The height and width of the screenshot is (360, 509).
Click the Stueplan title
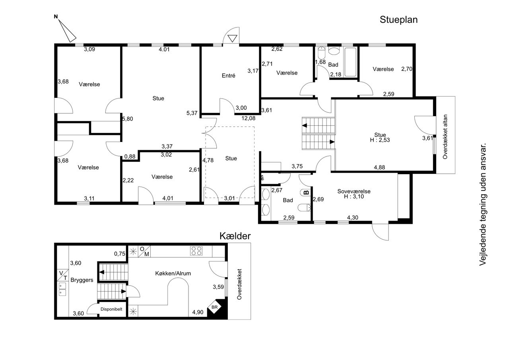tap(398, 20)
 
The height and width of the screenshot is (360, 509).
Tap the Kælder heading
tap(235, 236)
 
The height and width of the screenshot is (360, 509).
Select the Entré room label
tap(228, 76)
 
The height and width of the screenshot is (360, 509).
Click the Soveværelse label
tap(354, 191)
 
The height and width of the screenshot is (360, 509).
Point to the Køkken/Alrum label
tap(173, 273)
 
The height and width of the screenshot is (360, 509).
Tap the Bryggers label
tap(82, 280)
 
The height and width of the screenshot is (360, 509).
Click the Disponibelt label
tap(111, 309)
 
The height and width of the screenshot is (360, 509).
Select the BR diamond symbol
tap(214, 307)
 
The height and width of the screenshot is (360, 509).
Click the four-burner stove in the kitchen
tap(196, 251)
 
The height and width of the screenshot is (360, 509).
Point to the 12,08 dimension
tap(249, 118)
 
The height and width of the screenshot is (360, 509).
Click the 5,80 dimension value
tap(128, 119)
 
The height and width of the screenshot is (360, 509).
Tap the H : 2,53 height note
tap(380, 140)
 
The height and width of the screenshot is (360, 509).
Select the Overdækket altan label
tap(445, 136)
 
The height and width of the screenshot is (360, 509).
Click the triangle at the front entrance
tap(232, 39)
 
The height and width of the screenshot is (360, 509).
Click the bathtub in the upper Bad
tap(350, 62)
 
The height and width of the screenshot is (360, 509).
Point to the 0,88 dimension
tap(130, 157)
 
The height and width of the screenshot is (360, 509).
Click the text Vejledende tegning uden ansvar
tap(483, 204)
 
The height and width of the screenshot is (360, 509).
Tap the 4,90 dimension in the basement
tap(198, 312)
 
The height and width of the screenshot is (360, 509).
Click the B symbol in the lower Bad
tap(306, 193)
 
